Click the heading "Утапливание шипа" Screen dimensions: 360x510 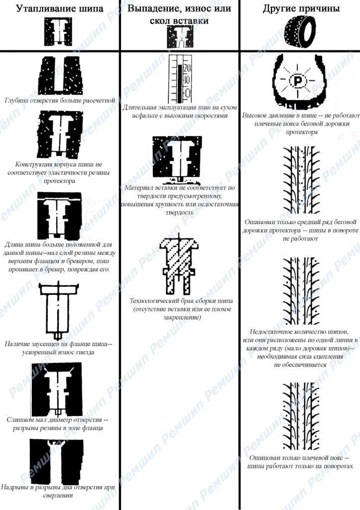[60, 9]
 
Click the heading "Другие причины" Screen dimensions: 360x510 [301, 9]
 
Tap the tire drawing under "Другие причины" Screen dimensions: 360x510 [300, 32]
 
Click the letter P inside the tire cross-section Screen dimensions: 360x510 [297, 80]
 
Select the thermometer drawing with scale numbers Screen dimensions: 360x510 [180, 79]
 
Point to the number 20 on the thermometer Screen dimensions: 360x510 [187, 68]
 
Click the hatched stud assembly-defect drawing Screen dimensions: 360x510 [179, 264]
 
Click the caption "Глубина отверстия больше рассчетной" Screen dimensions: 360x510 [60, 100]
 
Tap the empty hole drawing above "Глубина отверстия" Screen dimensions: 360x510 [60, 76]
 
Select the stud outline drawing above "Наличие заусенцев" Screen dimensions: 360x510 [59, 310]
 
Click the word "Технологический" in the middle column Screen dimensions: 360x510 [153, 301]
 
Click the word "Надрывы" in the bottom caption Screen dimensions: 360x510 [12, 487]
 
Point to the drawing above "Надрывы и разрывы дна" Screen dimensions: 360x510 [56, 461]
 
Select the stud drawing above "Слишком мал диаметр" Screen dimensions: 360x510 [57, 389]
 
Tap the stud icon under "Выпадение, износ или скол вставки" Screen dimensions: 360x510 [180, 37]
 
